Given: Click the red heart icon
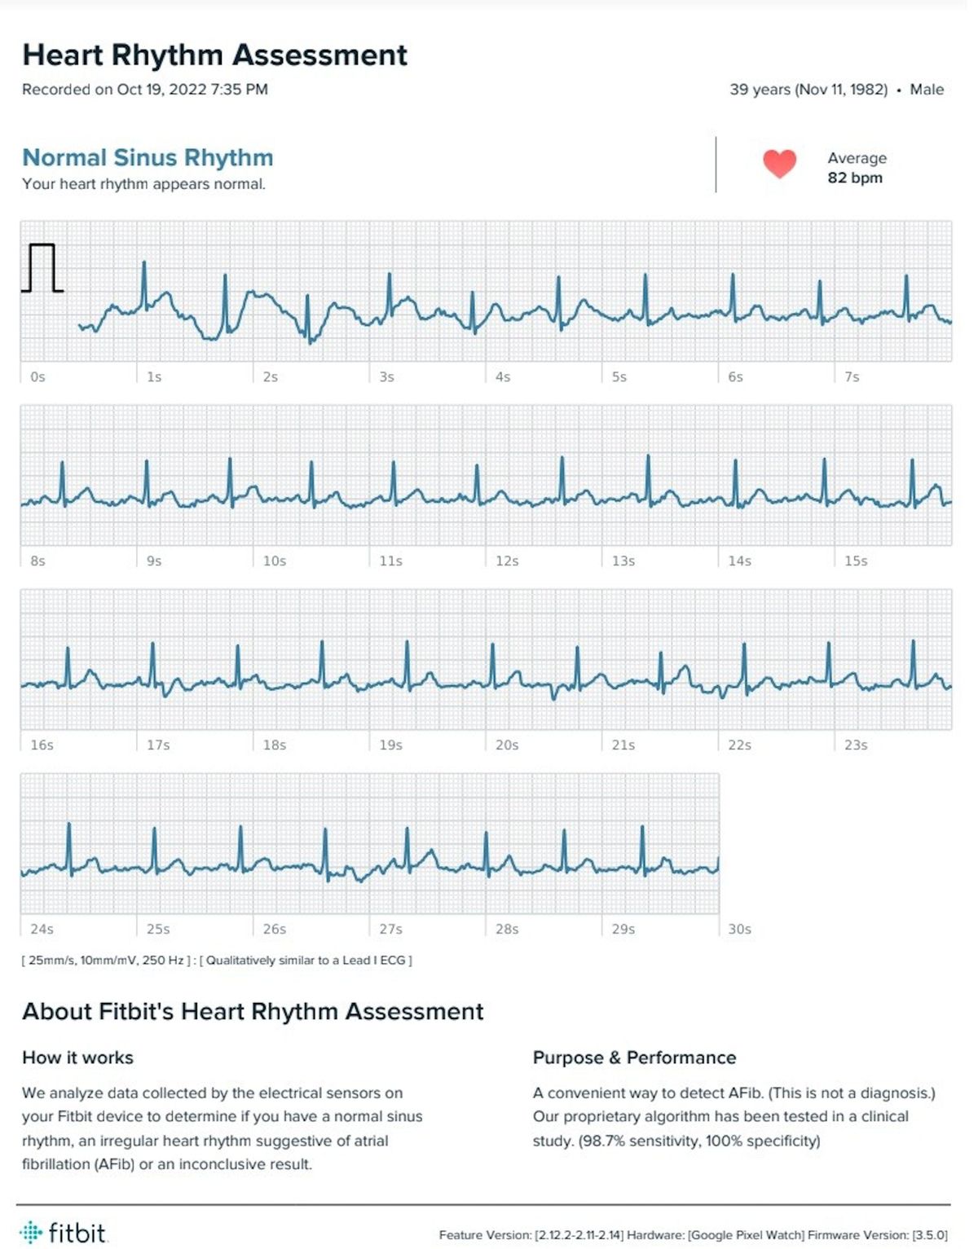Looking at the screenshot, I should pos(779,164).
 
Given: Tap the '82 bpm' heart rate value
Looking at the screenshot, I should pos(855,178).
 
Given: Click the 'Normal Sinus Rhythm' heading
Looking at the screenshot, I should pos(148,157).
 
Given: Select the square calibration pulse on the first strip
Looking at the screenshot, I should pos(42,267).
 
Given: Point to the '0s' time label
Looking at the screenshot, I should pos(37,377).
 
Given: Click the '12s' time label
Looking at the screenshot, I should pos(507,561).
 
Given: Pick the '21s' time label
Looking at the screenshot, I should pos(623,745).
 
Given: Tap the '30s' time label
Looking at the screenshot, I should pos(739,930).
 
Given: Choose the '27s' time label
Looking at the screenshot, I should pos(390,930).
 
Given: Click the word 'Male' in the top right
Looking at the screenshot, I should pos(927,90).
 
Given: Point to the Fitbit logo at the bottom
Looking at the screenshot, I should pos(64,1232).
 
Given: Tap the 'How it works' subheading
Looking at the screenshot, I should pos(77,1058).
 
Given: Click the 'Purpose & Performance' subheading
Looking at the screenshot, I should pos(634,1058).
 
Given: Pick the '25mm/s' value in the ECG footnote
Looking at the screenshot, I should pos(50,961).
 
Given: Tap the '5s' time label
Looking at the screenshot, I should pos(619,377).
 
